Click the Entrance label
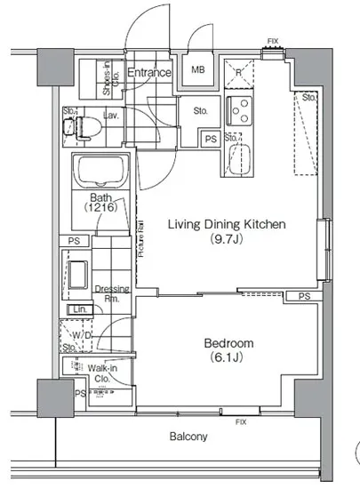click(148, 72)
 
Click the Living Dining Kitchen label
click(226, 225)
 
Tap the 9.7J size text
click(226, 239)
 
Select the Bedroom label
click(228, 343)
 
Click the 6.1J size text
click(228, 357)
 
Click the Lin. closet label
click(80, 309)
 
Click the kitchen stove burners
click(240, 112)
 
